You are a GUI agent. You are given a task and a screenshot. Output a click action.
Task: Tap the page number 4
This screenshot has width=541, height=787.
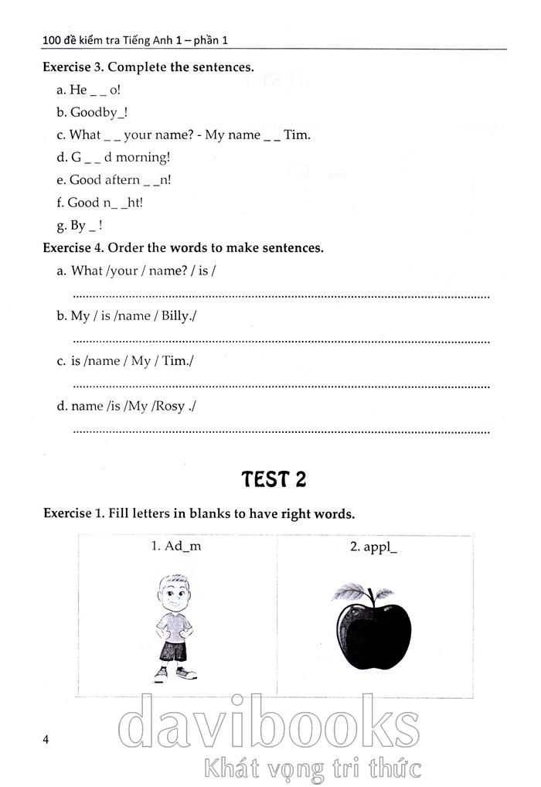[x=46, y=740]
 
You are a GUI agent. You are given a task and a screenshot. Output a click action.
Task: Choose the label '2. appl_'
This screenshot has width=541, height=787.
[x=374, y=547]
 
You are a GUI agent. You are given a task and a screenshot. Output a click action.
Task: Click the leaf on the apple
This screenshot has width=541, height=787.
[x=352, y=593]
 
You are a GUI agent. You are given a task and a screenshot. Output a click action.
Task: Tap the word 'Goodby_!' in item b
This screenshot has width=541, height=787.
[x=99, y=112]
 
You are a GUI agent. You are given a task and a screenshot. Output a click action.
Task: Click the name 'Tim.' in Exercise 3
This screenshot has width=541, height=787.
[x=297, y=135]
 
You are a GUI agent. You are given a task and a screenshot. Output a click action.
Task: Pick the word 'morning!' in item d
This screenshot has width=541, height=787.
[x=143, y=157]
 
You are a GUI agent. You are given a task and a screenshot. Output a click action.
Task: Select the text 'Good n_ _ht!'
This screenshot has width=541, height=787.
[x=105, y=203]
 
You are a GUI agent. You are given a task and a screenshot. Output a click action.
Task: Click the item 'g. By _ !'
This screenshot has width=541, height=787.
[x=80, y=226]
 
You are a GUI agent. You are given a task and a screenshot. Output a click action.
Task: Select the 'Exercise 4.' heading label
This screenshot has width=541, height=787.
[x=73, y=248]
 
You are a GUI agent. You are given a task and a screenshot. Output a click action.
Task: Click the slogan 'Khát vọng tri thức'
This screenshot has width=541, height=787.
[x=311, y=768]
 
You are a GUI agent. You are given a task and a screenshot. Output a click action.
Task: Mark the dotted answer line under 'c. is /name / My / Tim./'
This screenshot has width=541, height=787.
[x=281, y=385]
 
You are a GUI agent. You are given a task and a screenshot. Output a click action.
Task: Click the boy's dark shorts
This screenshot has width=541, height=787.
[x=173, y=652]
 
